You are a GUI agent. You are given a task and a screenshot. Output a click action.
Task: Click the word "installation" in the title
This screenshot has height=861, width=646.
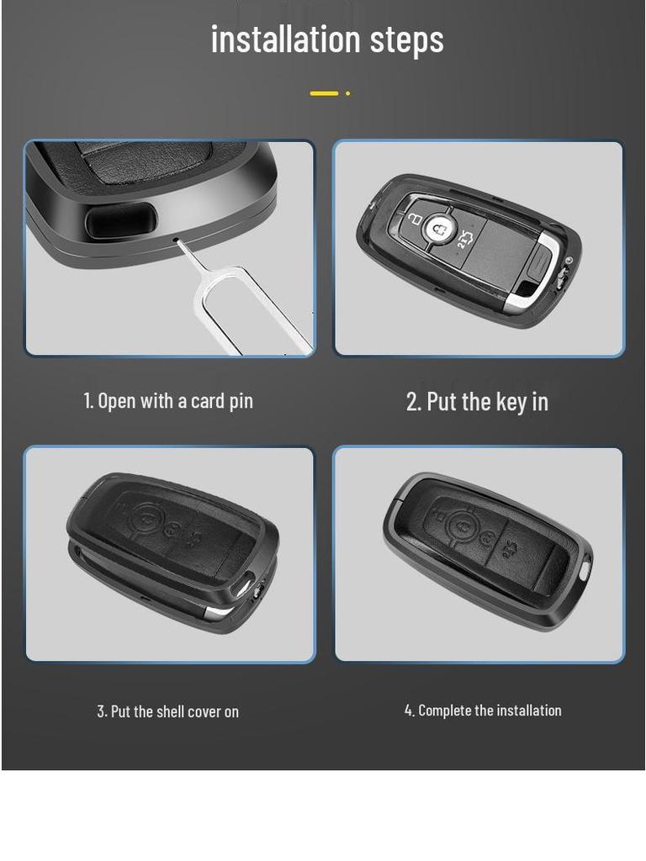point(285,40)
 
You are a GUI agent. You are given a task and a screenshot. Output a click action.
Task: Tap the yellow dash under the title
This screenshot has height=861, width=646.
point(324,93)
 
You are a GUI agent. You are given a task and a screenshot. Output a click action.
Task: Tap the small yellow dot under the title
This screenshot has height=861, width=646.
point(347,93)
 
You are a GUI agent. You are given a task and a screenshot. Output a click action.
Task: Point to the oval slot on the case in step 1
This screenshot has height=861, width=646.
point(121,221)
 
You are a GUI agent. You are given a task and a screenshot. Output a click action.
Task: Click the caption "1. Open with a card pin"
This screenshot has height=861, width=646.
point(168,401)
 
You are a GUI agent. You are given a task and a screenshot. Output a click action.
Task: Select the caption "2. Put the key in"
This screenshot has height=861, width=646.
point(477,402)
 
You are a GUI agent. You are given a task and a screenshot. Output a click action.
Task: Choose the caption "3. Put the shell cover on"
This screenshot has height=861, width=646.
point(168,711)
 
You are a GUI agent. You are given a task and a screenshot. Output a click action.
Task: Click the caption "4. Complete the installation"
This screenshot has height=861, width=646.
point(483,710)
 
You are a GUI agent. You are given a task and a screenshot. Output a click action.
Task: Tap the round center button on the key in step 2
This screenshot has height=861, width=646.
point(437,227)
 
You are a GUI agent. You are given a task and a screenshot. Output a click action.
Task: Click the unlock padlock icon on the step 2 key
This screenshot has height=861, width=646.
point(413,218)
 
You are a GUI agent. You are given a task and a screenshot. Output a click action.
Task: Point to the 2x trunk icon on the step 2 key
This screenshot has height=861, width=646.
point(463,242)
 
